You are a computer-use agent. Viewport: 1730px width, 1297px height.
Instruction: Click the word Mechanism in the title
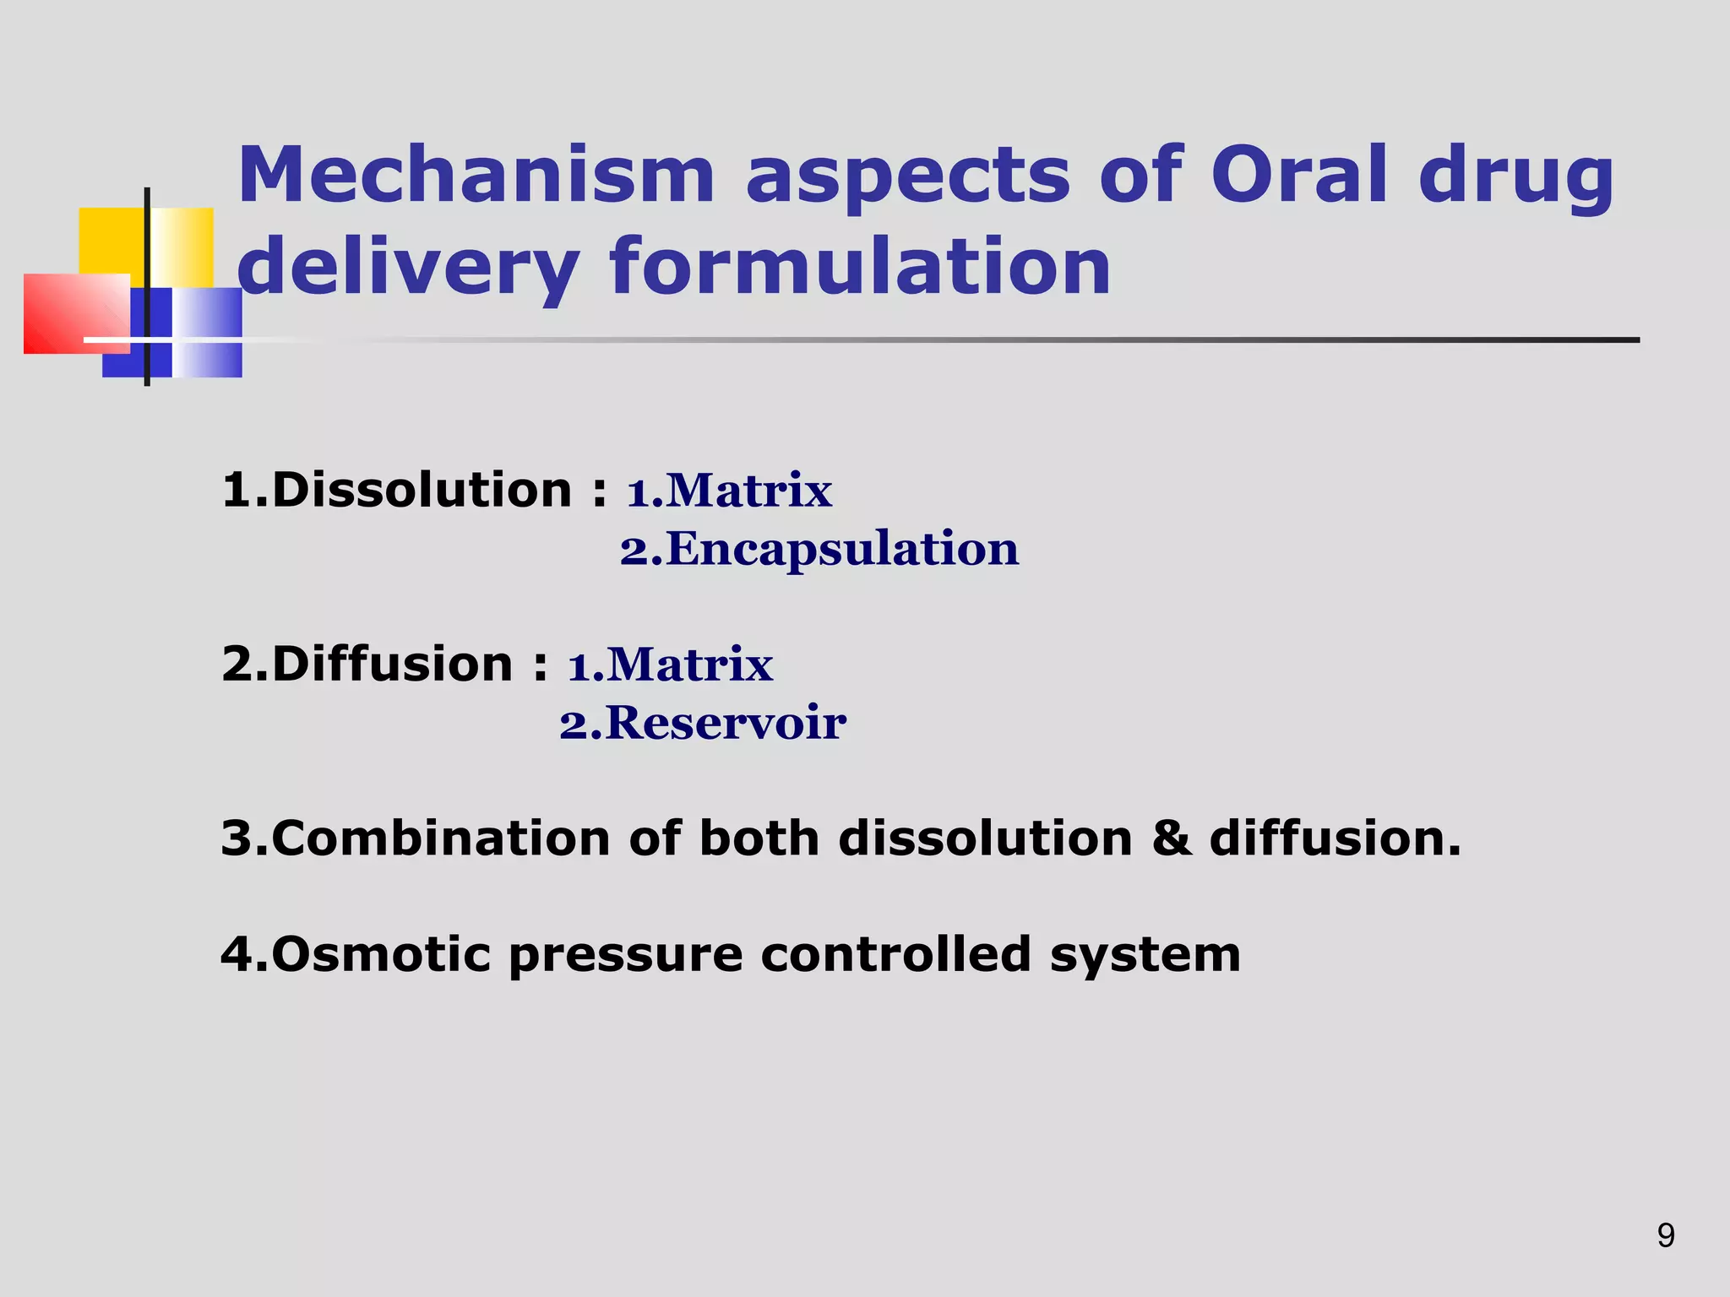(x=476, y=175)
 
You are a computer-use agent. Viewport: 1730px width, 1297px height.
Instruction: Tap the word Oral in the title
(x=1299, y=175)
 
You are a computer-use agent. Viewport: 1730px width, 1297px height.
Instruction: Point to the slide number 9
(x=1666, y=1235)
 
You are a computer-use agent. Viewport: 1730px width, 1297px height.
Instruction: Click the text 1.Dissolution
(x=397, y=490)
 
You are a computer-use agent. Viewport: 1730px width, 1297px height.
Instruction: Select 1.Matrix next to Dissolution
(x=729, y=491)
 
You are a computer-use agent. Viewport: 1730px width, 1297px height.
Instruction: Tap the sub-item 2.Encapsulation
(x=819, y=549)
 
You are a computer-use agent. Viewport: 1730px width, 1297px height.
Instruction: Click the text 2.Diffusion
(x=367, y=664)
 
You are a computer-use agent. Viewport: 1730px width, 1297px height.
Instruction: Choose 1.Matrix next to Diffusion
(x=670, y=665)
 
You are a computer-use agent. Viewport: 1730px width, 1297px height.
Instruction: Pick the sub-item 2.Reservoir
(x=703, y=723)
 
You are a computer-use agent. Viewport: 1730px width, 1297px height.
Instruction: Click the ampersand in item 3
(x=1171, y=838)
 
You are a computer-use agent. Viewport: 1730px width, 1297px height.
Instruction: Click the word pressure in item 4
(x=626, y=956)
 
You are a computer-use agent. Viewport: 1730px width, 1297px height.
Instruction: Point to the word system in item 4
(x=1145, y=956)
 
